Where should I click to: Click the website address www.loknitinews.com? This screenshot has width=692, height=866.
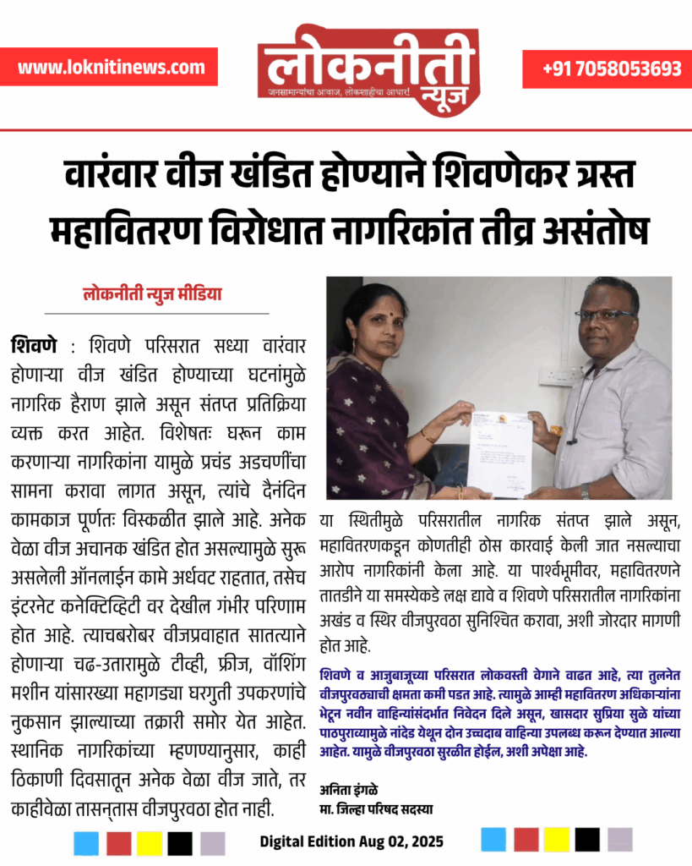[x=111, y=67]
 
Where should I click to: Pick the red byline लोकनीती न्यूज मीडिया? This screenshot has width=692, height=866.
[x=152, y=296]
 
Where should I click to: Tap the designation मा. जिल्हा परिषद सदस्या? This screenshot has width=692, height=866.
[x=376, y=808]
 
